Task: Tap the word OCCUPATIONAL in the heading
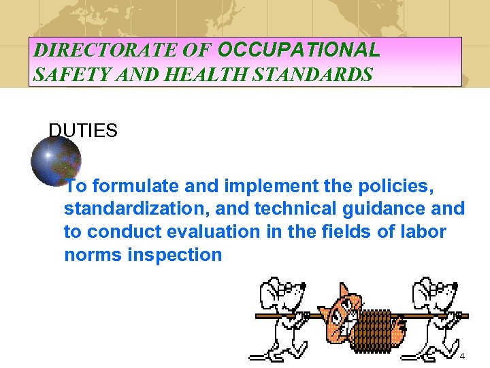tap(297, 50)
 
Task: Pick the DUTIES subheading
tap(83, 130)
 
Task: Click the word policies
tap(395, 186)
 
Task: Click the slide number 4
tap(462, 357)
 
